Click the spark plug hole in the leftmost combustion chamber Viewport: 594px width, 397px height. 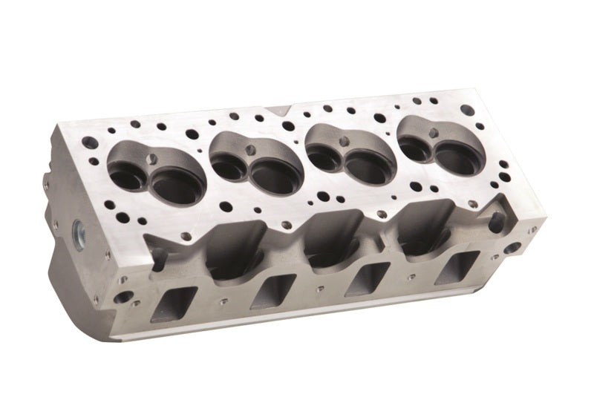pos(155,158)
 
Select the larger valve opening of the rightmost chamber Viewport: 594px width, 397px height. pos(452,150)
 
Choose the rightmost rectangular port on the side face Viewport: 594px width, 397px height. pos(453,266)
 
